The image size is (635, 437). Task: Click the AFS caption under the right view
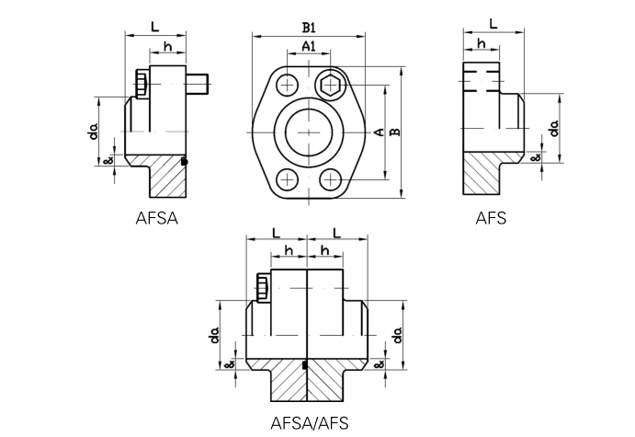point(491,218)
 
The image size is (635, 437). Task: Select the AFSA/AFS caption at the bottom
point(310,423)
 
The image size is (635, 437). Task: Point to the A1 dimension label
point(309,46)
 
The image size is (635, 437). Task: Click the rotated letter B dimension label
point(394,132)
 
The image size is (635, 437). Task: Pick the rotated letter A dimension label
point(378,132)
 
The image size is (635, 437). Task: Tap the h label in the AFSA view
point(167,46)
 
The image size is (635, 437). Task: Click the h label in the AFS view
point(481,43)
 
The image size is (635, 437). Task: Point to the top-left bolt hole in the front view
point(288,86)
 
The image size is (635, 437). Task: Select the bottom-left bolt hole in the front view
point(288,178)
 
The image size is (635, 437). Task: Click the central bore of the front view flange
point(309,132)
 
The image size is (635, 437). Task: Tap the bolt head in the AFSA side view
point(141,84)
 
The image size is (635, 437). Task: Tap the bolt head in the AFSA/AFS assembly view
point(262,286)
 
